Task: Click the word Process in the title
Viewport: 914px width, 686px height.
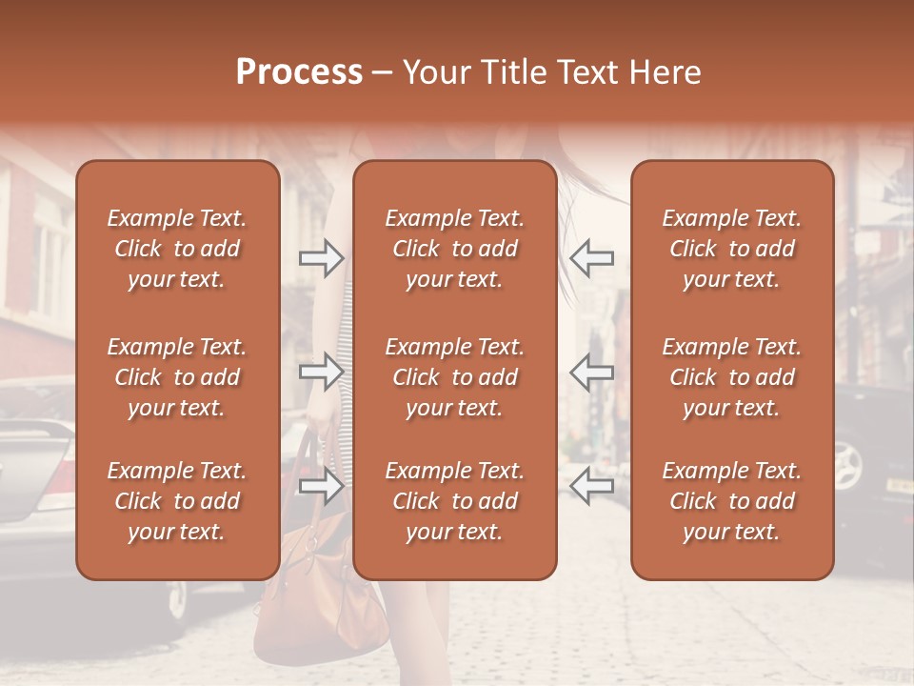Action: (299, 72)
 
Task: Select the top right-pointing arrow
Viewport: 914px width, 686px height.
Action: (322, 257)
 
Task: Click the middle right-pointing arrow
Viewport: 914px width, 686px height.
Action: (322, 372)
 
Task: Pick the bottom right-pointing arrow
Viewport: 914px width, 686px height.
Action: (322, 487)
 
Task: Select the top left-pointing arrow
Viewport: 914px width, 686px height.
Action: (592, 257)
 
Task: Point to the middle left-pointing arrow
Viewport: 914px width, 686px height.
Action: (592, 372)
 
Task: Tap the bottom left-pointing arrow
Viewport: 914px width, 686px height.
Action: (592, 487)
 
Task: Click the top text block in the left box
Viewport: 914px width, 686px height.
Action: (177, 249)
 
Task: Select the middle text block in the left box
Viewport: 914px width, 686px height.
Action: (177, 377)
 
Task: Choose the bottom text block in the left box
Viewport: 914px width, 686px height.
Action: (177, 501)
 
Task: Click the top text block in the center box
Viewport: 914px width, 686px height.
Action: (455, 249)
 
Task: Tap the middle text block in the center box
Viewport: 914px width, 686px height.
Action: (455, 377)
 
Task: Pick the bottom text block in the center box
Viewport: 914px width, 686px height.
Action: (455, 501)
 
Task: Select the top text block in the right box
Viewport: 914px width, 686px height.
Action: (732, 249)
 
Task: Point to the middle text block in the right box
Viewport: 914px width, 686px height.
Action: (732, 377)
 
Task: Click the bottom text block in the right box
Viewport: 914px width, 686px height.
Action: (732, 501)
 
